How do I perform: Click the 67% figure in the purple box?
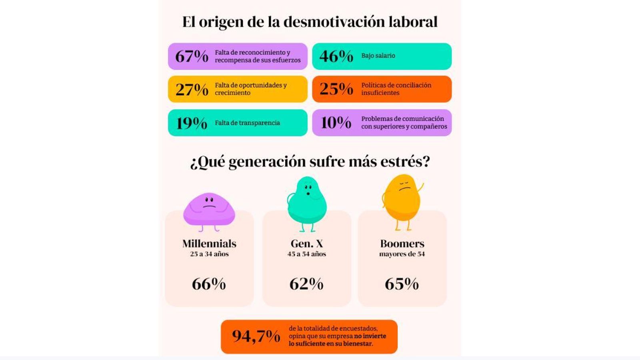click(192, 56)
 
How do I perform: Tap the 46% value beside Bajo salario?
click(336, 56)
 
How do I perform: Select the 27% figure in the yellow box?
click(192, 89)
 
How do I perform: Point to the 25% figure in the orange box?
click(336, 89)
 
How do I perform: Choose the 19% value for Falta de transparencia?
click(192, 123)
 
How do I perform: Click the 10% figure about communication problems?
click(336, 122)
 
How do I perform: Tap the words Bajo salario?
click(378, 56)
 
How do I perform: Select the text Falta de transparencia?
click(247, 123)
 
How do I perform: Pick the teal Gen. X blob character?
click(307, 202)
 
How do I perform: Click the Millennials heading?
click(209, 244)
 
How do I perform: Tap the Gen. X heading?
click(307, 244)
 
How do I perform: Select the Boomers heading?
click(402, 244)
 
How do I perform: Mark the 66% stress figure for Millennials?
click(209, 284)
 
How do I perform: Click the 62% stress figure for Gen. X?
click(306, 284)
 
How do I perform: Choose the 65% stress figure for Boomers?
click(402, 284)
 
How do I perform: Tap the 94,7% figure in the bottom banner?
click(256, 336)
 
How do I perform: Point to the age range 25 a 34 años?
click(209, 254)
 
